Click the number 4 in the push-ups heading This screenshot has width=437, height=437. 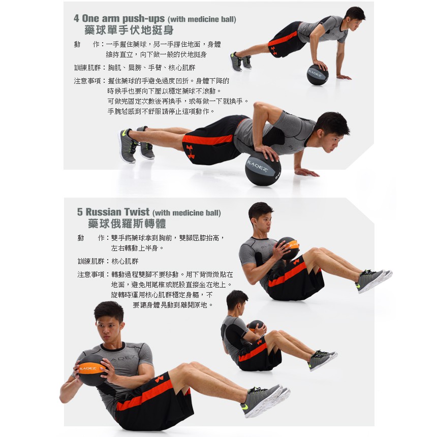tap(76, 18)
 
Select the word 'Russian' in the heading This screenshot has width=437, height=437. tap(103, 212)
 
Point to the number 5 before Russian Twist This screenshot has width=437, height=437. tap(80, 212)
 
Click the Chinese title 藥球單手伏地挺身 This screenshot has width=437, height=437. tap(129, 30)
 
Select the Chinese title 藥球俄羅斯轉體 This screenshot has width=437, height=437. tap(127, 224)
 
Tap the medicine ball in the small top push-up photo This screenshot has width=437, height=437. tap(318, 75)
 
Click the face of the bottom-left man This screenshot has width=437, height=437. tap(108, 332)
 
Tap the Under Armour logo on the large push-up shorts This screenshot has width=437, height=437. tap(191, 151)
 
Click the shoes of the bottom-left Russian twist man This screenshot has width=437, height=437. tap(265, 400)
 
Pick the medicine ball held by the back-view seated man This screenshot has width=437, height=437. tap(256, 326)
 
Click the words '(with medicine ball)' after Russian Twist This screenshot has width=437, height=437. tap(186, 213)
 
